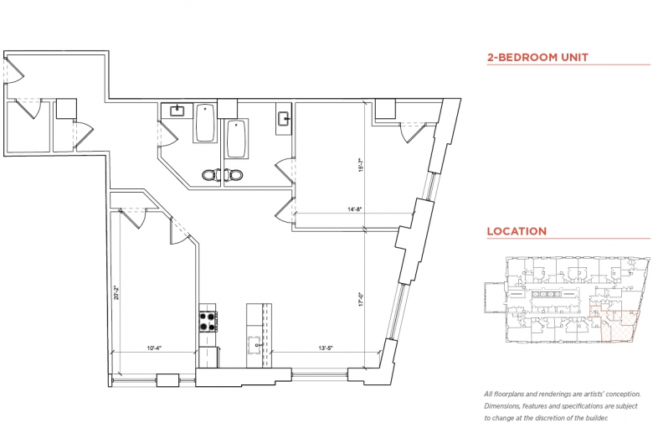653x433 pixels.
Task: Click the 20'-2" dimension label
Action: click(x=116, y=291)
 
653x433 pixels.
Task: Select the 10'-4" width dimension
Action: click(x=154, y=348)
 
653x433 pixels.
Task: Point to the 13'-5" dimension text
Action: click(x=326, y=348)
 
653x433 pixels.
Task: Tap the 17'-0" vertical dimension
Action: click(x=362, y=299)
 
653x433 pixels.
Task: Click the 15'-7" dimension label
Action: click(x=362, y=165)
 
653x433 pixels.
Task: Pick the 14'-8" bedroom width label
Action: click(x=354, y=209)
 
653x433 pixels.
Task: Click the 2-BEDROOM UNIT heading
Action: click(x=537, y=57)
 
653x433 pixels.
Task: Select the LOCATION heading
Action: click(x=517, y=231)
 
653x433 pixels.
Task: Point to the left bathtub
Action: click(x=205, y=122)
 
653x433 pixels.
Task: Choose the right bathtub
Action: click(x=236, y=139)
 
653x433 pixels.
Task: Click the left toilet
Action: click(x=212, y=174)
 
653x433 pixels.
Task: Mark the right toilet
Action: click(x=233, y=174)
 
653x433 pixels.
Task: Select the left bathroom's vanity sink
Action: click(x=177, y=111)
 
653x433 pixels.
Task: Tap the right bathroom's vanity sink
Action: click(x=285, y=118)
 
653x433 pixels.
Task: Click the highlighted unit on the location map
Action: click(x=615, y=325)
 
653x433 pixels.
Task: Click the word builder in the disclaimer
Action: click(x=596, y=418)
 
